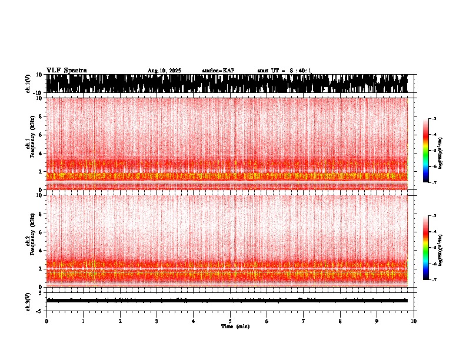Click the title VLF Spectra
pyautogui.click(x=66, y=71)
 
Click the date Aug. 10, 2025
pyautogui.click(x=164, y=71)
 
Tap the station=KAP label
pyautogui.click(x=218, y=71)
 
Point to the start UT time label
pyautogui.click(x=284, y=71)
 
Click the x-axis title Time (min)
pyautogui.click(x=235, y=326)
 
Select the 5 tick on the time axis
pyautogui.click(x=230, y=321)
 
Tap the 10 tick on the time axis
pyautogui.click(x=414, y=321)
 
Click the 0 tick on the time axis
pyautogui.click(x=46, y=321)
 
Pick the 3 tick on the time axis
pyautogui.click(x=157, y=321)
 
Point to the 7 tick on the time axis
pyautogui.click(x=304, y=321)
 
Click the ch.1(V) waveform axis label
pyautogui.click(x=28, y=84)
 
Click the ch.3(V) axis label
pyautogui.click(x=28, y=300)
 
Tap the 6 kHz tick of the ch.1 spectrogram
pyautogui.click(x=41, y=135)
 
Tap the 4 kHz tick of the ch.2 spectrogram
pyautogui.click(x=41, y=251)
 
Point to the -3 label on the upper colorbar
pyautogui.click(x=434, y=119)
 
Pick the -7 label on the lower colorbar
pyautogui.click(x=434, y=280)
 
